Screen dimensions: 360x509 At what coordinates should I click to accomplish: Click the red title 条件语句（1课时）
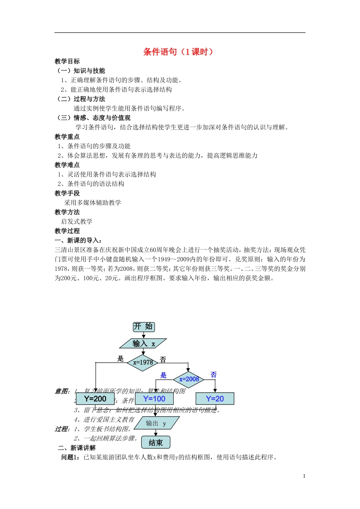tap(178, 52)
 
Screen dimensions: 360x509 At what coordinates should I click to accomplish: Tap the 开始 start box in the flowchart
tap(144, 326)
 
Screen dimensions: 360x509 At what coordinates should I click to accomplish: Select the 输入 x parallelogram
tap(143, 343)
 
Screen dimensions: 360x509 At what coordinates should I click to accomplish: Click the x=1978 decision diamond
tap(142, 362)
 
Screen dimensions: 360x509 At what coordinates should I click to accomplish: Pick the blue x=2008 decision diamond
tap(189, 379)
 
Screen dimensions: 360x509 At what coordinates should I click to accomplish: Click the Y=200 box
tap(95, 399)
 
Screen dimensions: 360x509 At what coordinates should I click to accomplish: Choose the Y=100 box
tap(154, 399)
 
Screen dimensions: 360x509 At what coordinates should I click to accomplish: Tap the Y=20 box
tap(215, 399)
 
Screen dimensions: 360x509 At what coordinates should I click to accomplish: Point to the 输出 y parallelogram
tap(156, 423)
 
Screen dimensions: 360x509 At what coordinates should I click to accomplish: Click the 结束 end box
tap(156, 443)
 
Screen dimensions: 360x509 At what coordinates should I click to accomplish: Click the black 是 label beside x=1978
tap(121, 358)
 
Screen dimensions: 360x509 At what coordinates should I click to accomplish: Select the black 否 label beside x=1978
tap(163, 359)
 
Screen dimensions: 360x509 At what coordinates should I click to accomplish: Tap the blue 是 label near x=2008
tap(163, 375)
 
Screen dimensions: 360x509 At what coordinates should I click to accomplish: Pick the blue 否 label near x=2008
tap(214, 375)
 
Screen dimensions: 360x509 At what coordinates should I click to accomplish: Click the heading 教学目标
tap(67, 61)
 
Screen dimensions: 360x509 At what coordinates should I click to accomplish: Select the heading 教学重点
tap(67, 137)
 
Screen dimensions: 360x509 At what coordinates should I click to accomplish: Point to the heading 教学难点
tap(67, 165)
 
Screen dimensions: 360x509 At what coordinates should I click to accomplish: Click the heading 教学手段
tap(67, 193)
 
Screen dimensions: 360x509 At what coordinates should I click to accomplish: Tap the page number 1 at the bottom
tap(304, 476)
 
